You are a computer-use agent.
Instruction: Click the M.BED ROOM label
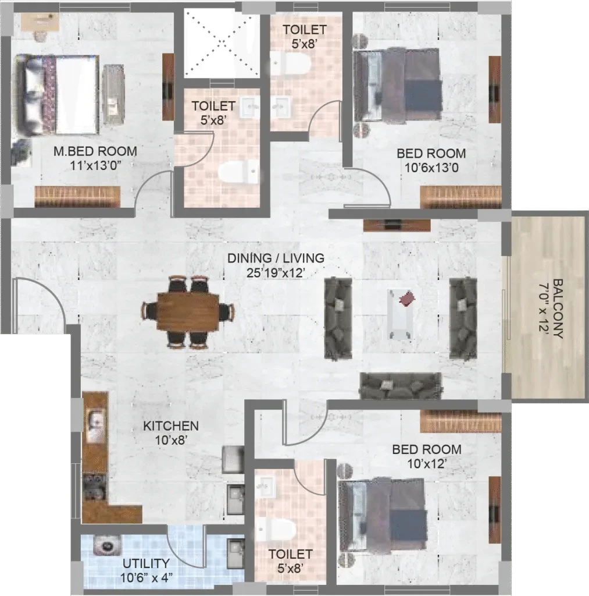coord(95,151)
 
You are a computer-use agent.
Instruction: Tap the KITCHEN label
coord(171,425)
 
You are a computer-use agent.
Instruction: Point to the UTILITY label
coord(146,563)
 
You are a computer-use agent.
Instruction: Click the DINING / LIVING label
coord(276,258)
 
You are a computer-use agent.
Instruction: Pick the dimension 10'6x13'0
coord(431,168)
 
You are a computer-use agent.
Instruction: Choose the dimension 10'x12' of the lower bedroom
coord(426,464)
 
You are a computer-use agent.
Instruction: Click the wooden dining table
coord(188,312)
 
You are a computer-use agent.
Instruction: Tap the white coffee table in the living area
coord(401,314)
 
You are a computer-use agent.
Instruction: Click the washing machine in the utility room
coord(108,546)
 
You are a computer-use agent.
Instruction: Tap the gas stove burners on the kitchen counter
coord(95,487)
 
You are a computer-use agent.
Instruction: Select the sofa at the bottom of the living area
coord(401,385)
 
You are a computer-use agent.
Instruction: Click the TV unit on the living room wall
coord(397,225)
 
